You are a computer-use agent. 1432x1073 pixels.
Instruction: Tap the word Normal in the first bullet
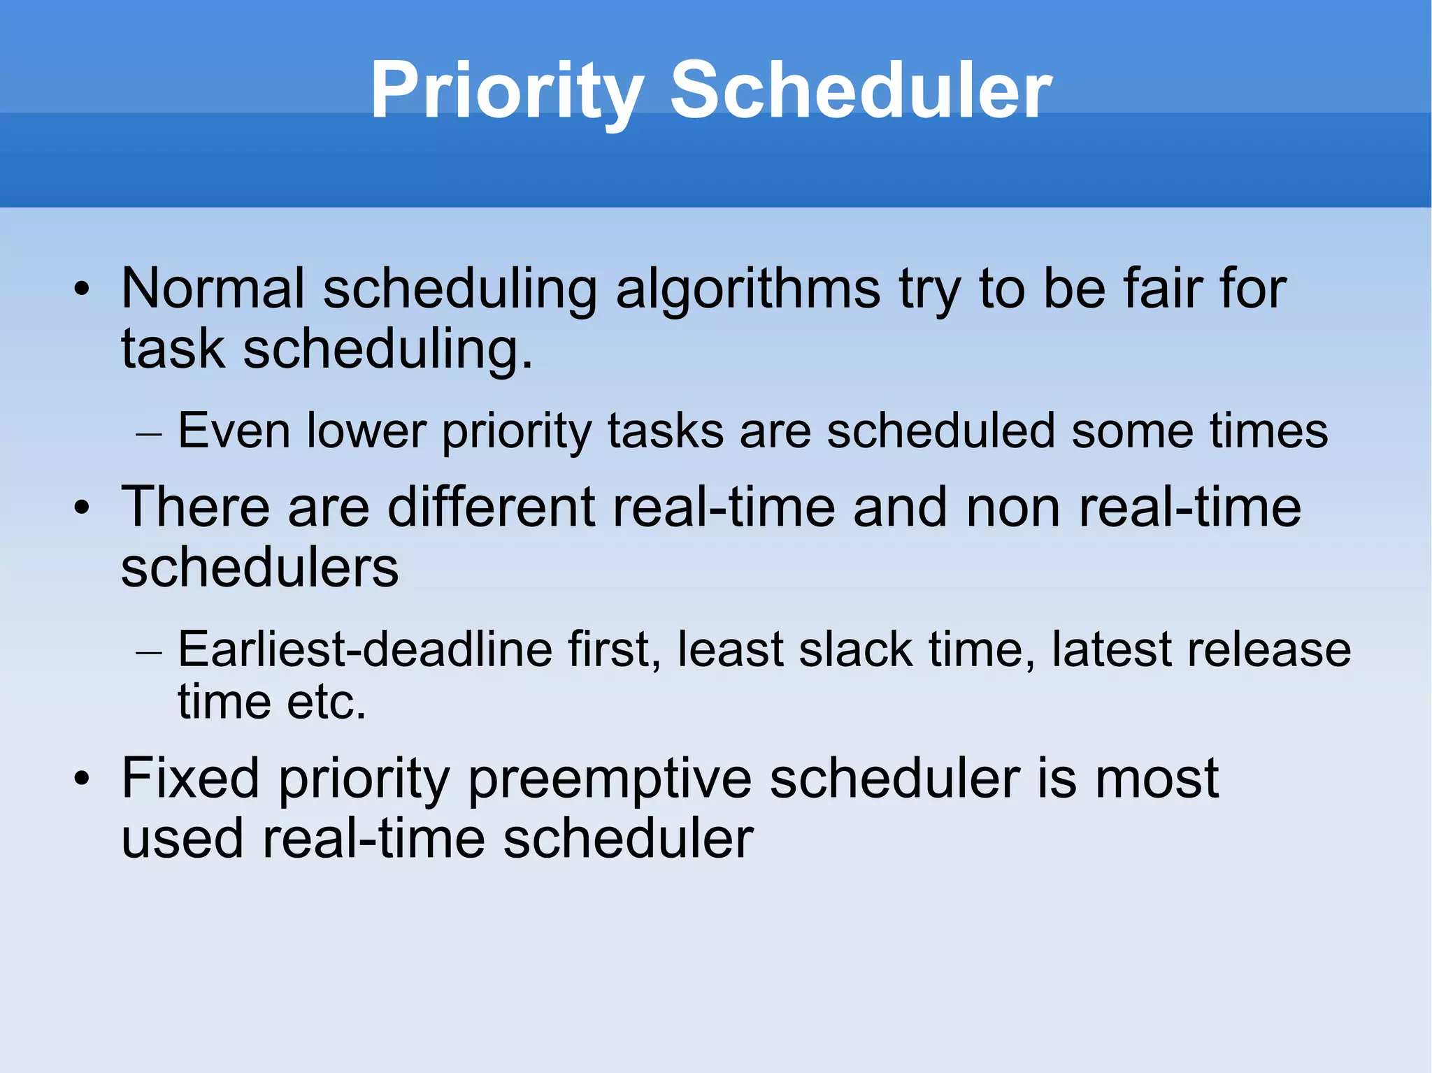coord(213,288)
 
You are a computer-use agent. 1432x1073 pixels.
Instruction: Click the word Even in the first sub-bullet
coord(234,431)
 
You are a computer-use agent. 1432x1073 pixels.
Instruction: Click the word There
coord(195,507)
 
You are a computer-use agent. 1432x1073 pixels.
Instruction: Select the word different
coord(491,507)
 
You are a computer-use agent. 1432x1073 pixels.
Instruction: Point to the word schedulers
coord(259,567)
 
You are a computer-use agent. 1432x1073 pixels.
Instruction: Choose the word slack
coord(855,649)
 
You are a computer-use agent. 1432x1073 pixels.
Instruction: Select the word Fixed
coord(190,778)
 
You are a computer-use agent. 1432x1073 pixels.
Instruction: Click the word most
coord(1157,778)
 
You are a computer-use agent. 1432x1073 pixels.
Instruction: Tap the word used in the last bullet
coord(182,838)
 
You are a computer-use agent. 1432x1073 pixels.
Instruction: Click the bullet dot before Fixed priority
coord(83,779)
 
